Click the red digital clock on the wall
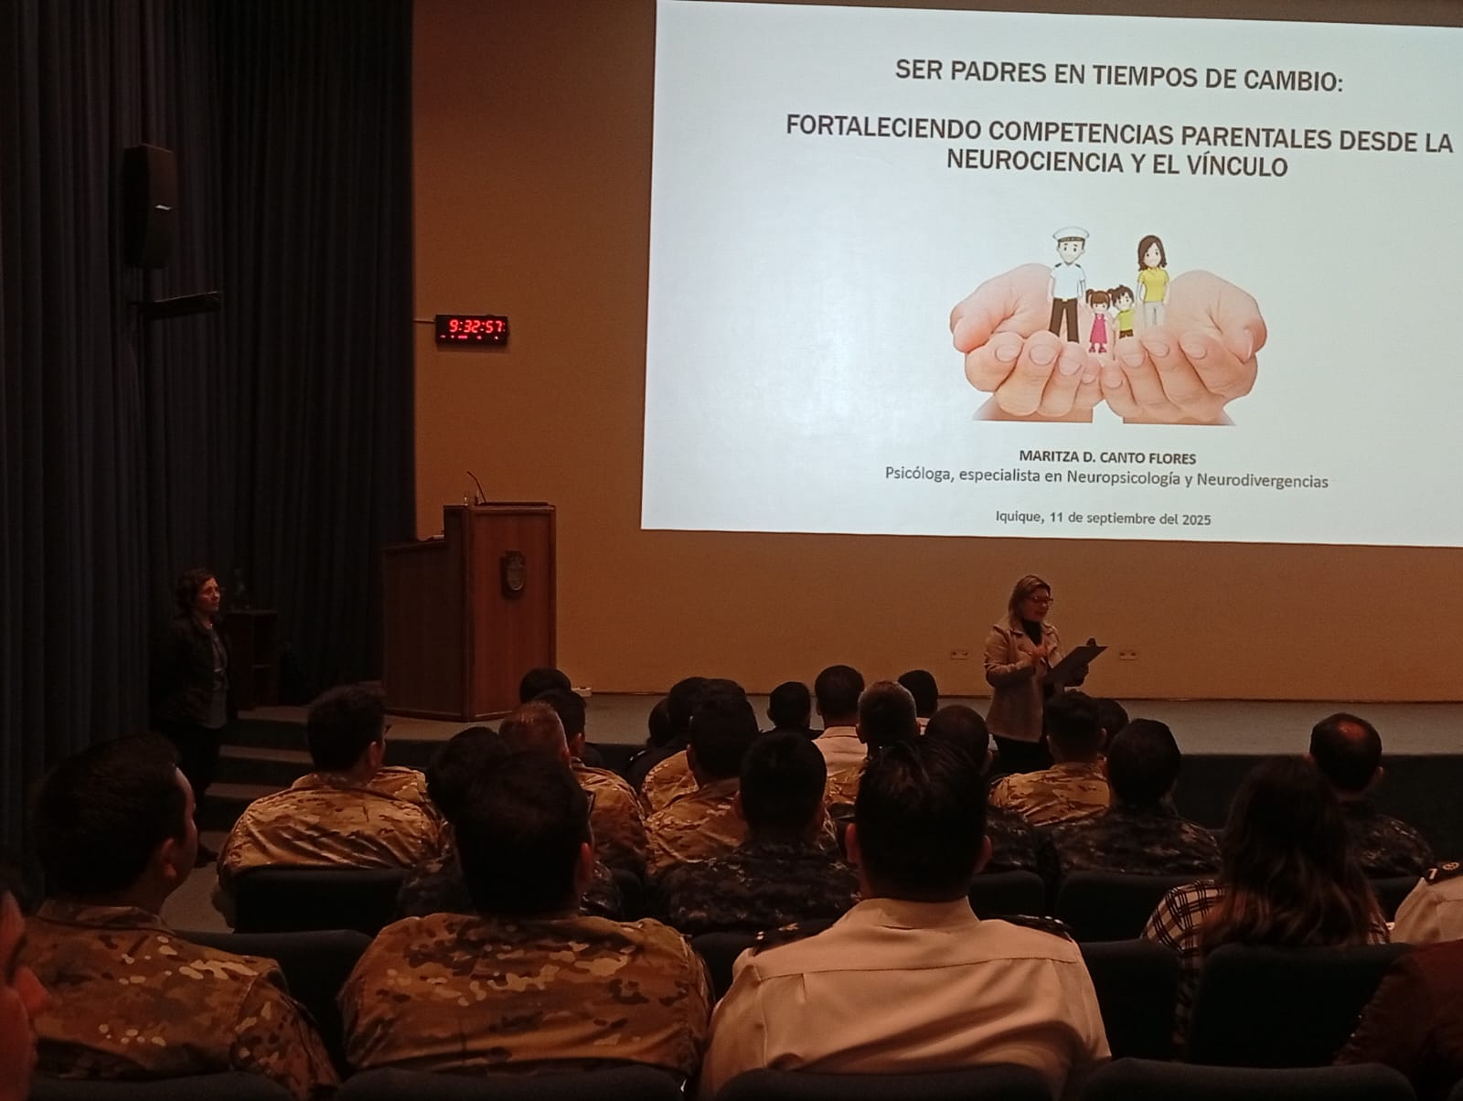(472, 328)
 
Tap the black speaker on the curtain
(151, 206)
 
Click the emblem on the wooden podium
(513, 572)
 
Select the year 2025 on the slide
(1196, 519)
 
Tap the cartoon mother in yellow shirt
(1152, 281)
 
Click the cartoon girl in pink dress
(1098, 321)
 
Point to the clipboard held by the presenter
(1074, 662)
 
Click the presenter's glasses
(1039, 600)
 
